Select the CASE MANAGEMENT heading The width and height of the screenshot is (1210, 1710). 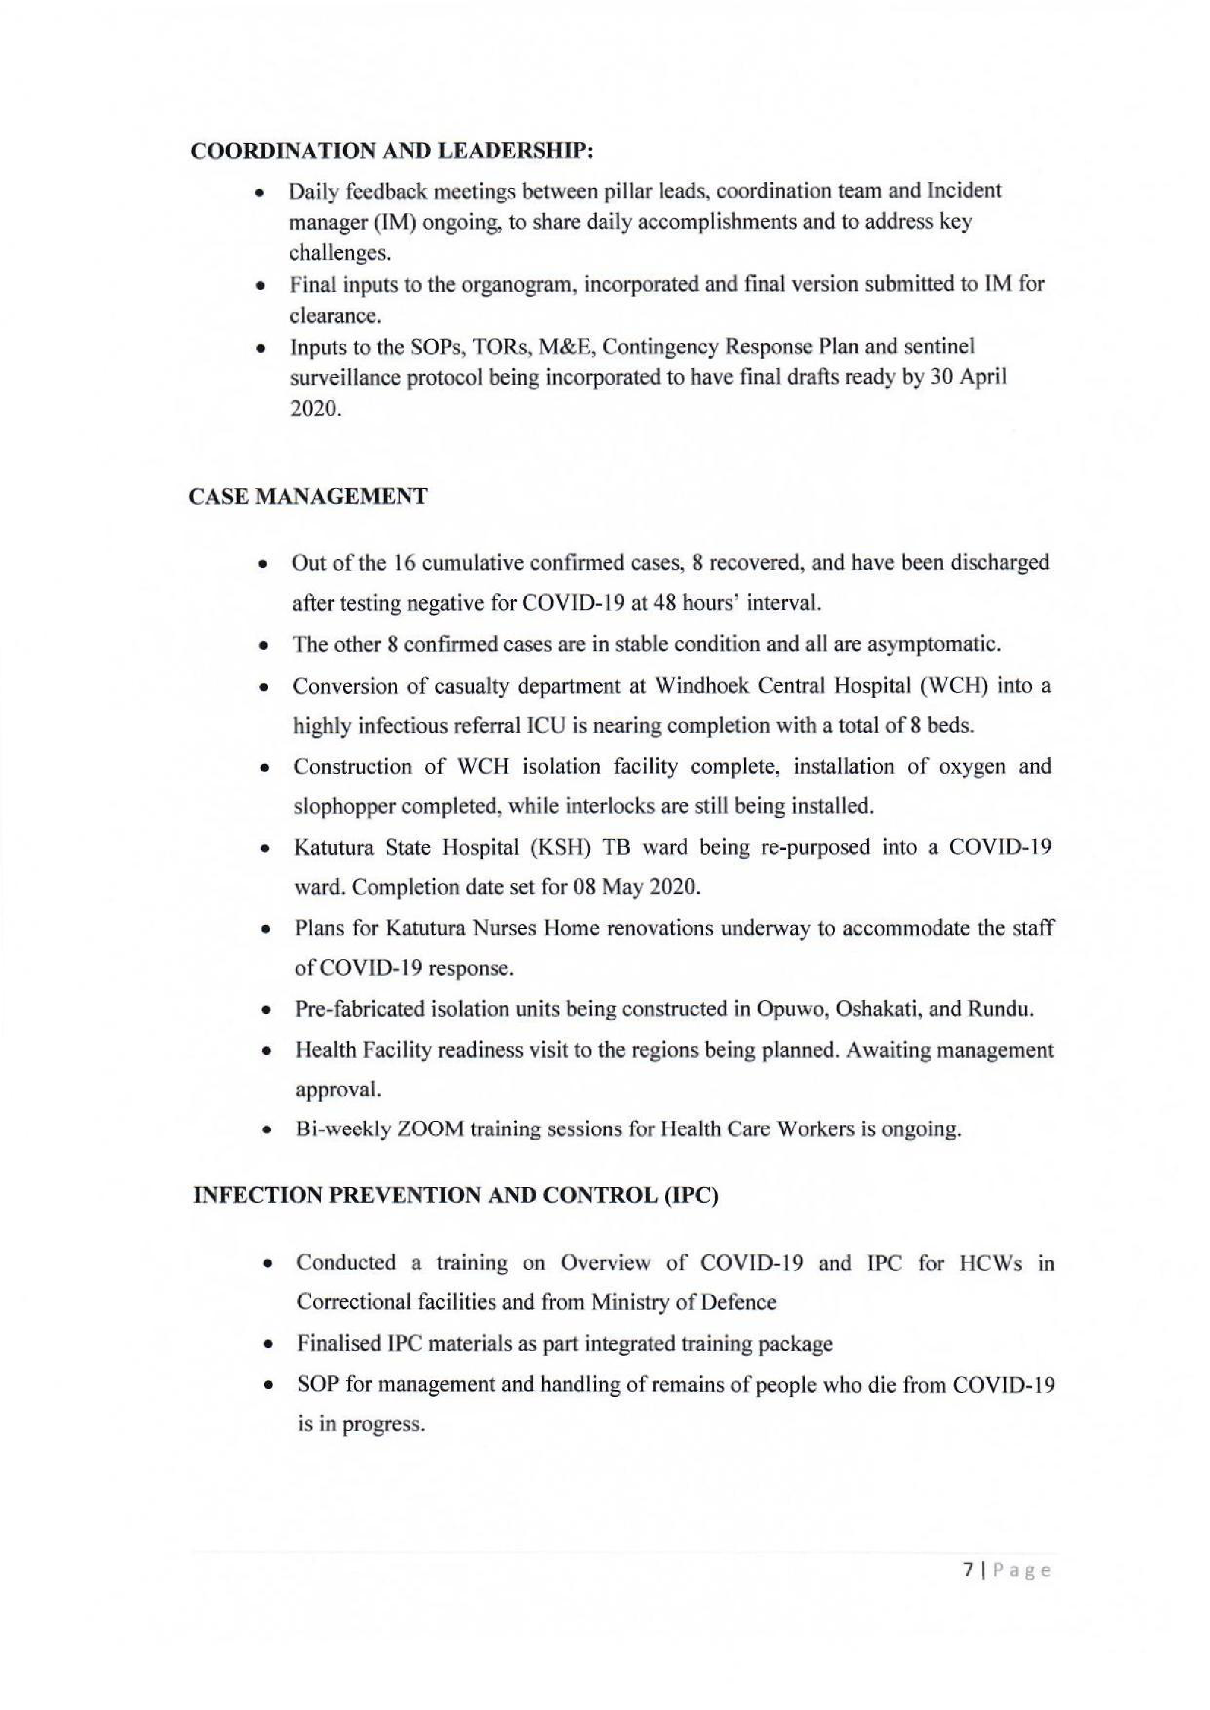click(309, 496)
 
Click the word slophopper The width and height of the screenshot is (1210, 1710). click(342, 806)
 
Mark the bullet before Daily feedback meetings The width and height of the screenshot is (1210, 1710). click(259, 193)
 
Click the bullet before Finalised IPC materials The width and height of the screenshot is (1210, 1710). click(267, 1345)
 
